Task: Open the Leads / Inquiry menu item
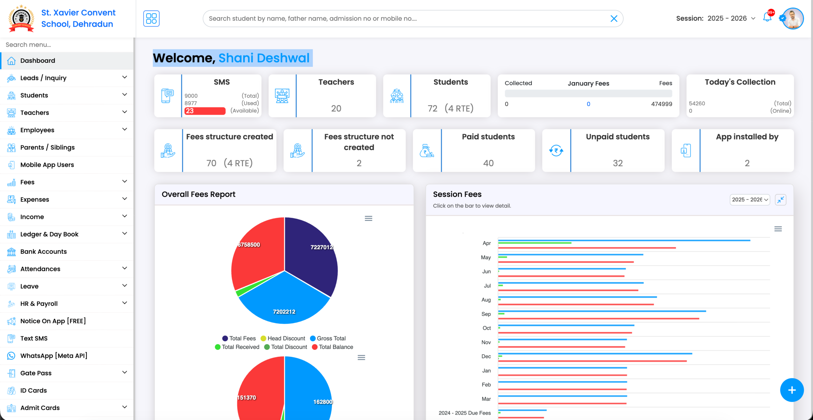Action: (43, 78)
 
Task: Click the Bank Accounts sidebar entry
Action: (44, 252)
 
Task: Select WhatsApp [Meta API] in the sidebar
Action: (53, 356)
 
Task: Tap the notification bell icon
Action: (767, 18)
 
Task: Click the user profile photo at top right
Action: (793, 18)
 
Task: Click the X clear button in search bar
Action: (614, 18)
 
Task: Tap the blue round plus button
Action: (792, 390)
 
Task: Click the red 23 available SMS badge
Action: (205, 111)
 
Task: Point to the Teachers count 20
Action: (336, 109)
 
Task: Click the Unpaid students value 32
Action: (618, 163)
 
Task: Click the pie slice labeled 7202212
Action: (284, 302)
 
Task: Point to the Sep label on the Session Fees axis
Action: (486, 314)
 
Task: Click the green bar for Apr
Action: (534, 243)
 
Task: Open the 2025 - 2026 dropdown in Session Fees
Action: (749, 200)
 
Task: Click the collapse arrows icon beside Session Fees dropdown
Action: (780, 200)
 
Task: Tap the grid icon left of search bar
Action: (151, 18)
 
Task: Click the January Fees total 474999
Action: (662, 104)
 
